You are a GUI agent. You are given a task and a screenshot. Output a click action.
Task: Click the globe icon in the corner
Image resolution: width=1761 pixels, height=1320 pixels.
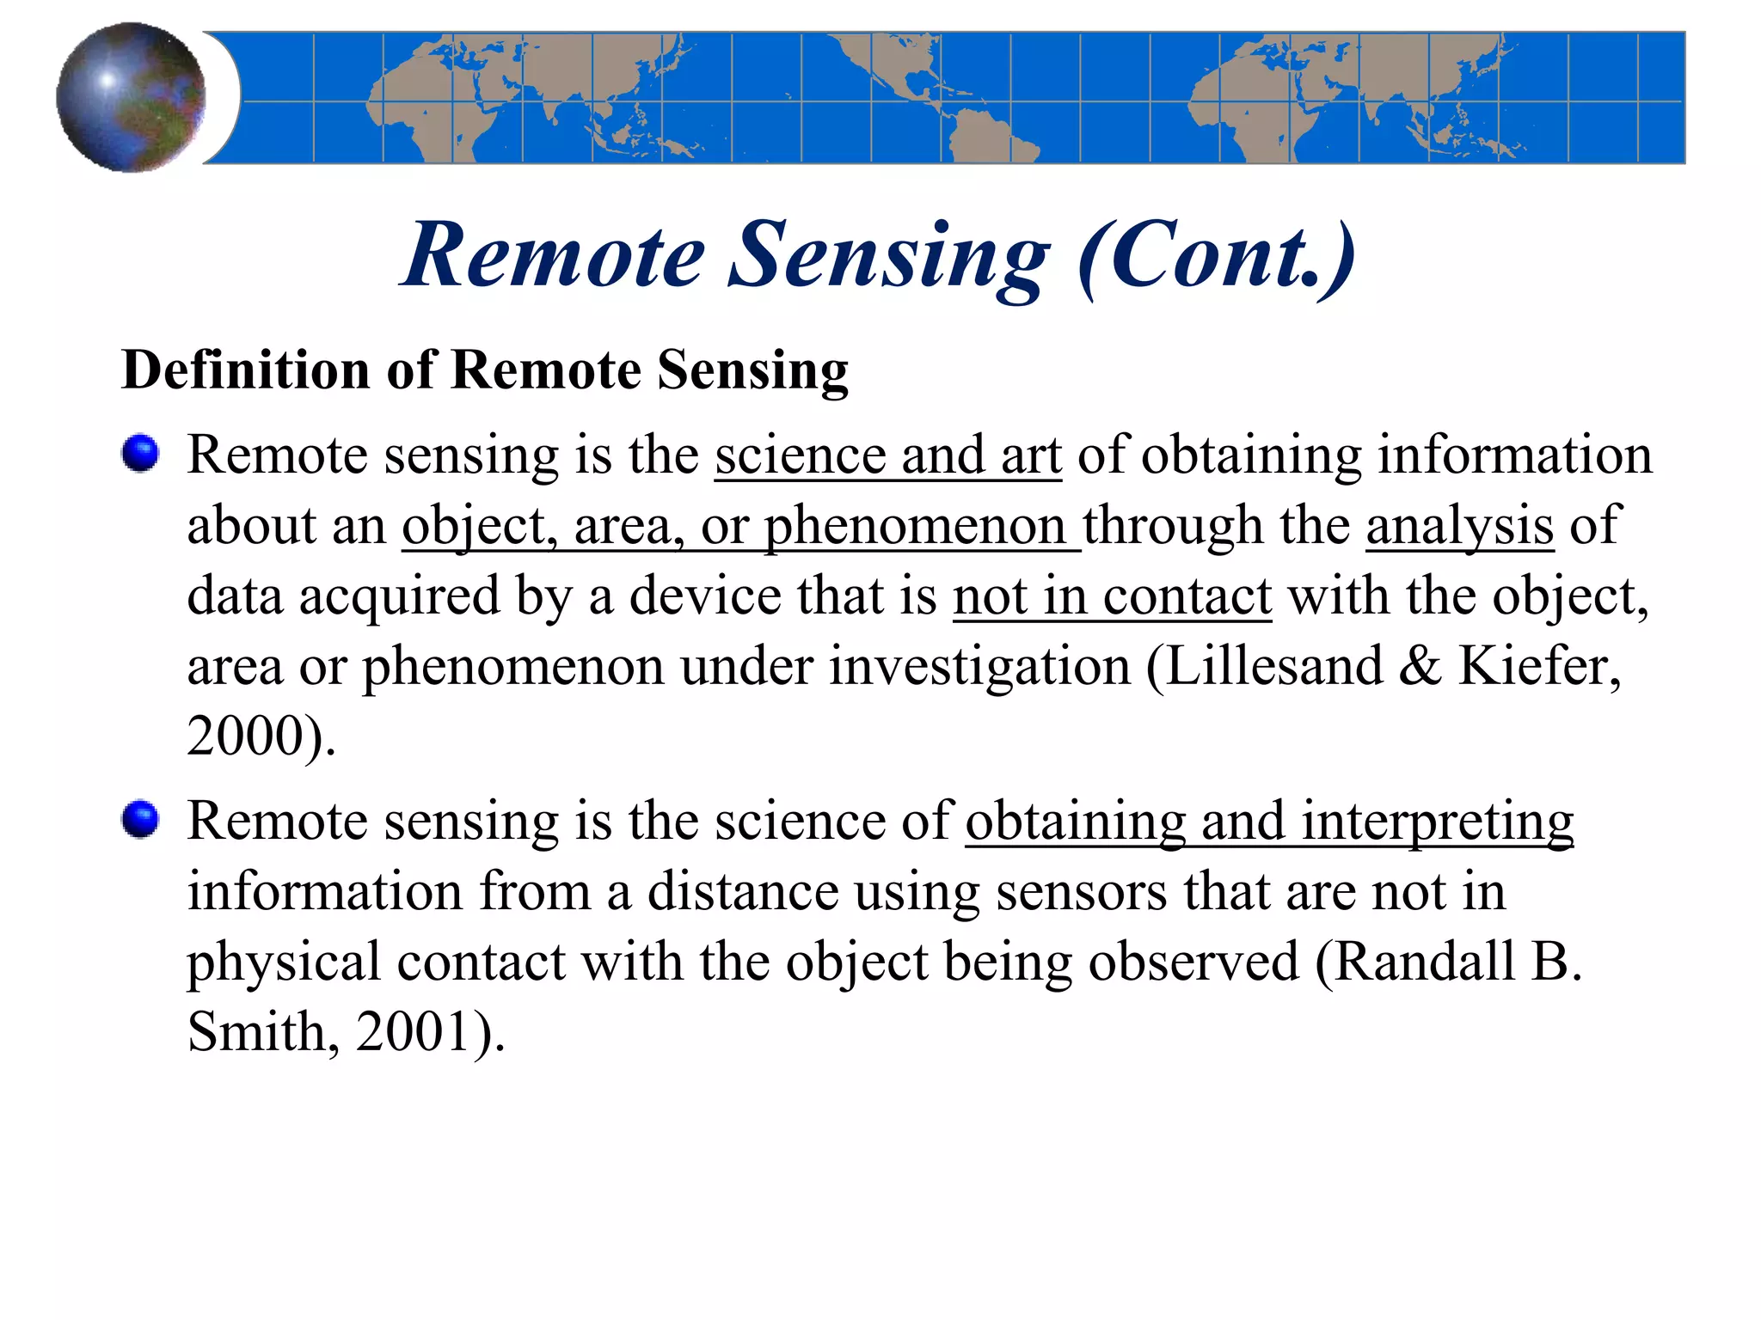tap(131, 97)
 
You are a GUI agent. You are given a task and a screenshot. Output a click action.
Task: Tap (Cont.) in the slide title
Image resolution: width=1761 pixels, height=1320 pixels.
tap(1216, 255)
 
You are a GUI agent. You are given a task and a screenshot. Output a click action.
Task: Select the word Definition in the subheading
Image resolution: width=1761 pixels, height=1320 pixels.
tap(245, 370)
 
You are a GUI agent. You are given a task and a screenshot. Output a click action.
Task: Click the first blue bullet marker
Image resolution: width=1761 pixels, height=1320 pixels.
tap(140, 453)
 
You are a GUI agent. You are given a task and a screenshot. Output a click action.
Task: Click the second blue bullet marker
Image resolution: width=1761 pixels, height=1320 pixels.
tap(140, 819)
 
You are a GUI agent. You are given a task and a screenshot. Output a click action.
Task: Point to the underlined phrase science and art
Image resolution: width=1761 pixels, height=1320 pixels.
tap(887, 455)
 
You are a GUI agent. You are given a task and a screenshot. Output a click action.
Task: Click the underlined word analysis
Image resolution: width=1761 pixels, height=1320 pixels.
tap(1459, 525)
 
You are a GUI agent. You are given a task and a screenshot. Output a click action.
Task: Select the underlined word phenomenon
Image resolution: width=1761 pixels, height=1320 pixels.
tap(915, 525)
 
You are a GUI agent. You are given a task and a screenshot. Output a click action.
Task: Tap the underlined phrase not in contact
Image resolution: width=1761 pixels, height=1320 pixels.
tap(1112, 596)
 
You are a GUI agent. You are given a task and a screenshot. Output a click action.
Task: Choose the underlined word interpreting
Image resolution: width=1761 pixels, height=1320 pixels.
tap(1437, 821)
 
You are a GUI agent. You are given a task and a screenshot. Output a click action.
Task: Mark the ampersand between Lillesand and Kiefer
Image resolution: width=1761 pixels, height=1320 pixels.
tap(1420, 666)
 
